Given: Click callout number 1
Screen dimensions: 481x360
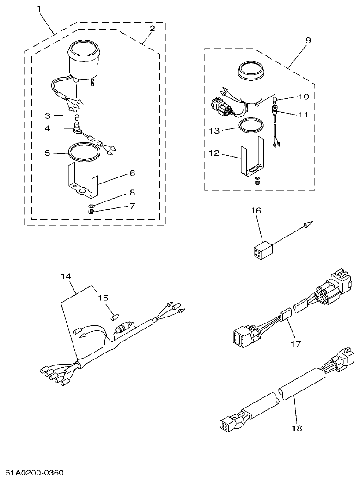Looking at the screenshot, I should pos(39,9).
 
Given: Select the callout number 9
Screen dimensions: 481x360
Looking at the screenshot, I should pos(308,40).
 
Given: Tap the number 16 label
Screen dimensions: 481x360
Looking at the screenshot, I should pos(256,210).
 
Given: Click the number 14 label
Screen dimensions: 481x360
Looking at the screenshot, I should pos(66,276).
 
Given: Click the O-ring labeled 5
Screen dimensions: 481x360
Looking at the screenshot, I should pos(84,153).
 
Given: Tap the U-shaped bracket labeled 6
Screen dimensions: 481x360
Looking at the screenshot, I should pos(86,183).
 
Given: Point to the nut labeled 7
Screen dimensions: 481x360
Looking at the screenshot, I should pos(92,212).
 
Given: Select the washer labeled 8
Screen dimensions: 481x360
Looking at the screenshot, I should pos(92,204).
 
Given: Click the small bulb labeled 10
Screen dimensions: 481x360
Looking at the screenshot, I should pos(274,98).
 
